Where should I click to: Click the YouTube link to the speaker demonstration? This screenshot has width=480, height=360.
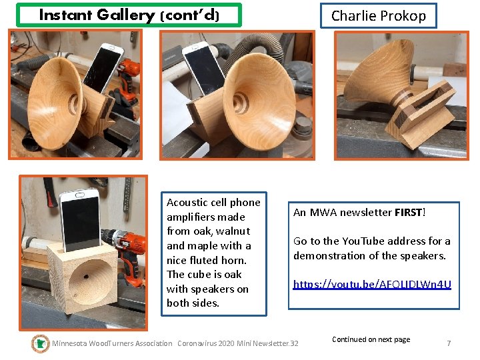point(372,285)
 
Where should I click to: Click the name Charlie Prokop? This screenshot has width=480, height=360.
point(379,16)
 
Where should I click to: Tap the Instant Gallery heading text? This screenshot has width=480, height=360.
point(129,15)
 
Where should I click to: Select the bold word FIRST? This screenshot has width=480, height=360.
point(409,213)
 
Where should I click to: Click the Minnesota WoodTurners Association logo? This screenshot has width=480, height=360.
point(41,343)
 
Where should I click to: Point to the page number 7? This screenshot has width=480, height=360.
point(449,343)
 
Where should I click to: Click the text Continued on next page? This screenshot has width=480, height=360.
point(371,339)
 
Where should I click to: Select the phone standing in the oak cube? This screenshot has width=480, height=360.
point(81,221)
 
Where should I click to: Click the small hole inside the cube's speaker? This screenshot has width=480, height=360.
point(86,277)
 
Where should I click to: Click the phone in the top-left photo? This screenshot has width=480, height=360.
point(103,68)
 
